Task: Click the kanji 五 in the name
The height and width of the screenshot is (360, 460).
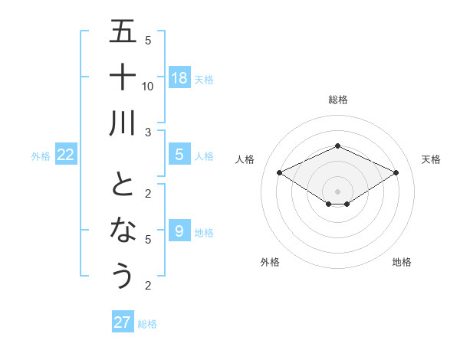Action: click(123, 32)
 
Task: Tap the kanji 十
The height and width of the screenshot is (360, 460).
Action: click(123, 77)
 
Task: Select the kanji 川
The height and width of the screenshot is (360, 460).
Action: click(123, 123)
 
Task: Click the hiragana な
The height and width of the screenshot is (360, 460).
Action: click(123, 230)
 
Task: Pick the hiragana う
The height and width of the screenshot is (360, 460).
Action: click(123, 275)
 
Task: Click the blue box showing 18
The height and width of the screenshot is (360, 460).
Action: click(179, 78)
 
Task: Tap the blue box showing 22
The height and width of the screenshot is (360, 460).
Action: click(66, 155)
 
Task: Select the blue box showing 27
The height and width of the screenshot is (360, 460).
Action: click(123, 322)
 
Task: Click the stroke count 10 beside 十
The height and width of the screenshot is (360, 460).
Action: click(148, 86)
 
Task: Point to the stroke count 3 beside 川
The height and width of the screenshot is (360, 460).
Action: click(148, 133)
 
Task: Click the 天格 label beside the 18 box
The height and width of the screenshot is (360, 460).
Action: click(205, 79)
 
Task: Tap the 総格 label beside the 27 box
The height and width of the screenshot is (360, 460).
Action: click(148, 324)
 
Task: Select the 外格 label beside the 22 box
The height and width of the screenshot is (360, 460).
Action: click(41, 156)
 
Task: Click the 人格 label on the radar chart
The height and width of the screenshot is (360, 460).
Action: click(245, 159)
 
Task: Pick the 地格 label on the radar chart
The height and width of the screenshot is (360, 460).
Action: click(402, 262)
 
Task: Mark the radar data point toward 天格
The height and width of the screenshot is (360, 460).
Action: click(396, 173)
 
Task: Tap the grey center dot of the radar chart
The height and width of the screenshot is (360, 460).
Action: click(337, 191)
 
